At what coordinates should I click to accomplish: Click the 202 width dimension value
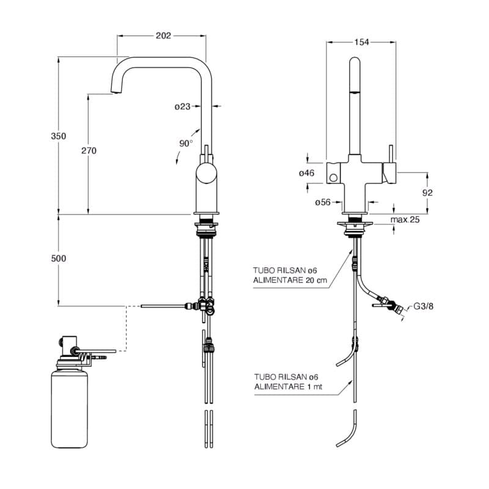tap(163, 36)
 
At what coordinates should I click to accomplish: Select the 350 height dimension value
tap(59, 136)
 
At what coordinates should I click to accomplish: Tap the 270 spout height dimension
tap(89, 150)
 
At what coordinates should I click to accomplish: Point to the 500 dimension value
tap(59, 259)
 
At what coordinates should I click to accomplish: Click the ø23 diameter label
tap(183, 106)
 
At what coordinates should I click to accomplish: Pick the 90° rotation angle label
tap(186, 143)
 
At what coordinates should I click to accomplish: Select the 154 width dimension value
tap(362, 42)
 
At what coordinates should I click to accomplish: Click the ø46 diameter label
tap(306, 174)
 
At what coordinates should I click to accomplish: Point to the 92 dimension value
tap(427, 192)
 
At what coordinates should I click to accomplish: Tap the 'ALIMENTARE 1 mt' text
tap(288, 386)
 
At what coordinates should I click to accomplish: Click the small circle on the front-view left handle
tap(333, 177)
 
